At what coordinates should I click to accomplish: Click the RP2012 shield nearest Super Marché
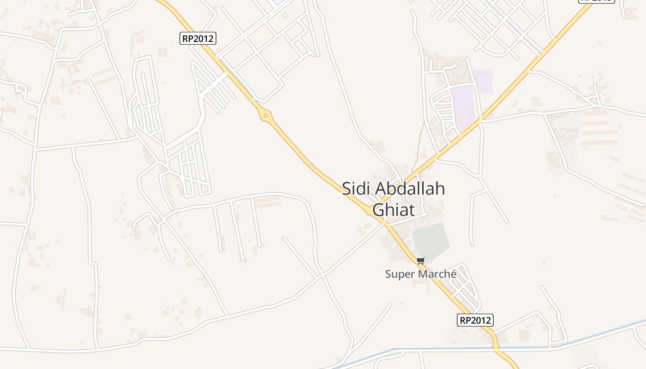[475, 320]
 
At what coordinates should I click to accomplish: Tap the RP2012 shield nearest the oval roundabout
[197, 38]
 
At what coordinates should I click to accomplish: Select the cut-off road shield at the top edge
[597, 1]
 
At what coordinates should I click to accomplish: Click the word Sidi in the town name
[356, 189]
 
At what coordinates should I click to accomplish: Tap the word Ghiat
[394, 210]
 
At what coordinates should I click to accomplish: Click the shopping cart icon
[420, 261]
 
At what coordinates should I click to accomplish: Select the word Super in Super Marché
[399, 274]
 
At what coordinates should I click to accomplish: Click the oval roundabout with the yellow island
[265, 115]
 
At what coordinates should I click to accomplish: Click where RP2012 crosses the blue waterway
[495, 347]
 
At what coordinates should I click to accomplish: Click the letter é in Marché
[453, 274]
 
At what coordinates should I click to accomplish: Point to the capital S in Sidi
[347, 189]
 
